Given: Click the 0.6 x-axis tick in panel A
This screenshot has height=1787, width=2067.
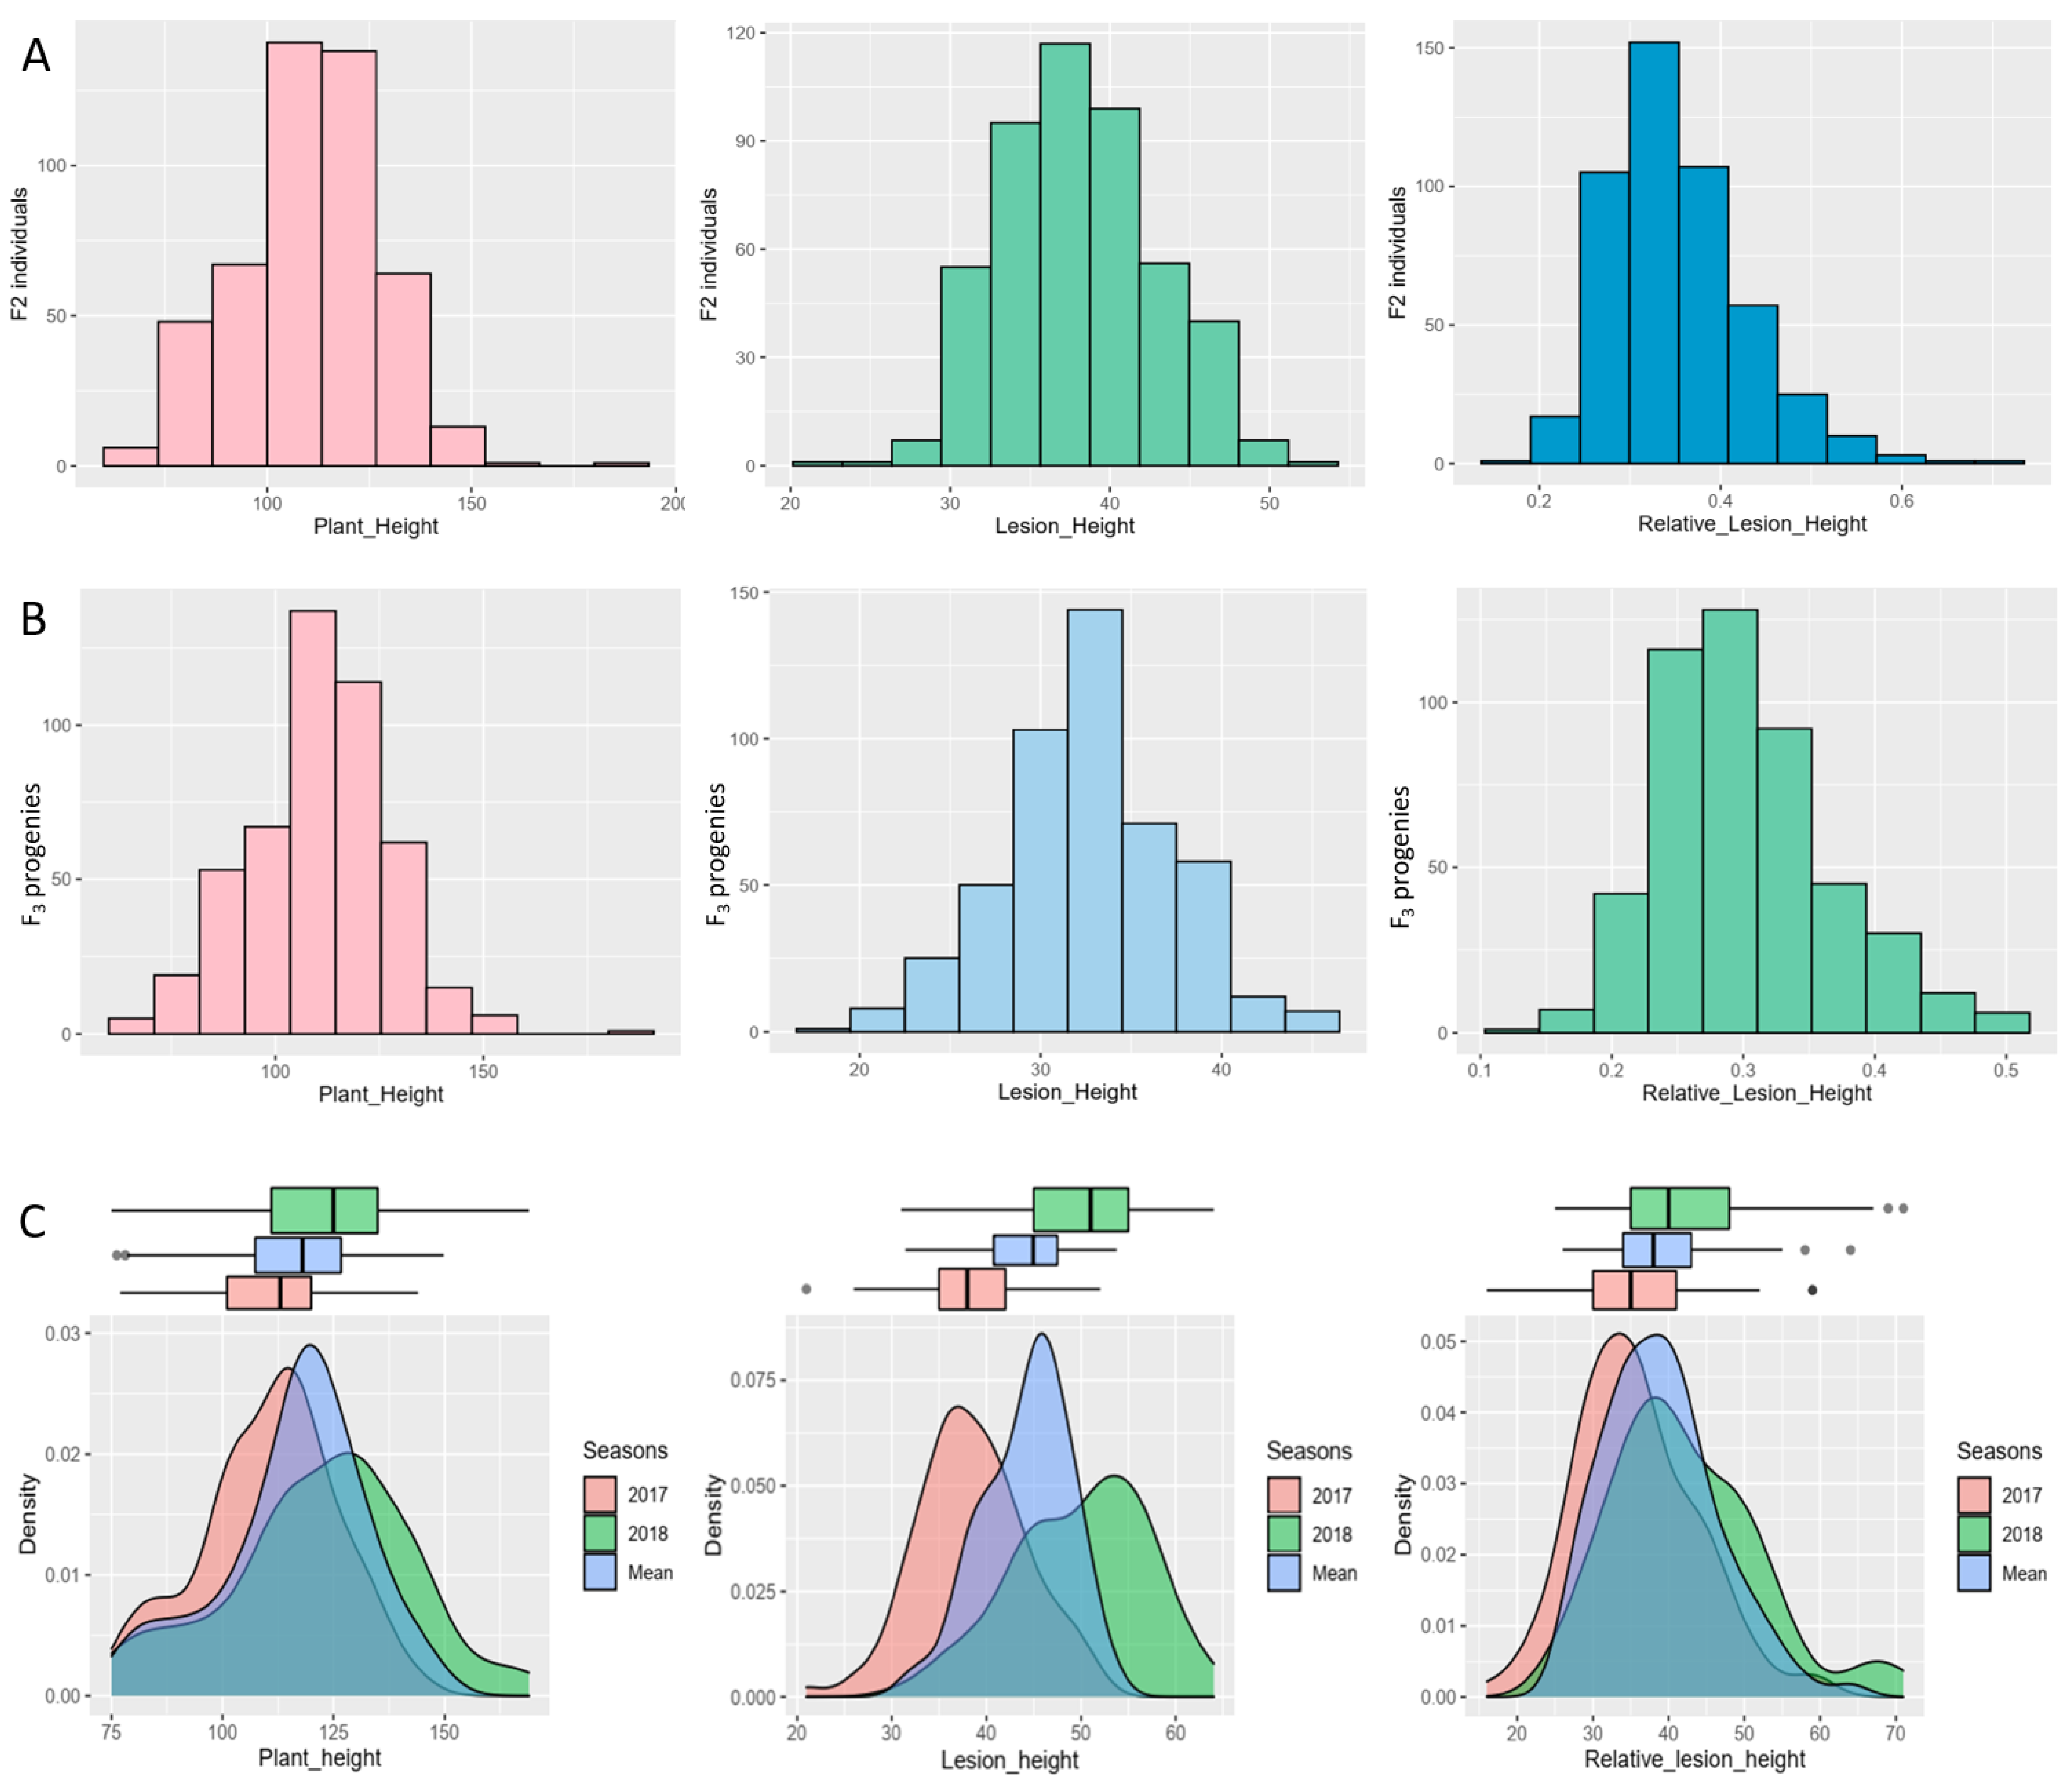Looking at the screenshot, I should pos(1902,501).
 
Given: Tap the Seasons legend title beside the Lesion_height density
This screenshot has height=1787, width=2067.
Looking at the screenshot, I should pos(1309,1451).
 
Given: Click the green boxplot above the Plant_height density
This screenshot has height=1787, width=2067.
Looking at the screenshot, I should pos(324,1210).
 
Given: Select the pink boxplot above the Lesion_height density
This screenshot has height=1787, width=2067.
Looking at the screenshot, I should pos(972,1289).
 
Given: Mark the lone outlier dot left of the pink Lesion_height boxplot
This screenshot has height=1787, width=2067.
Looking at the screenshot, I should pos(806,1289).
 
